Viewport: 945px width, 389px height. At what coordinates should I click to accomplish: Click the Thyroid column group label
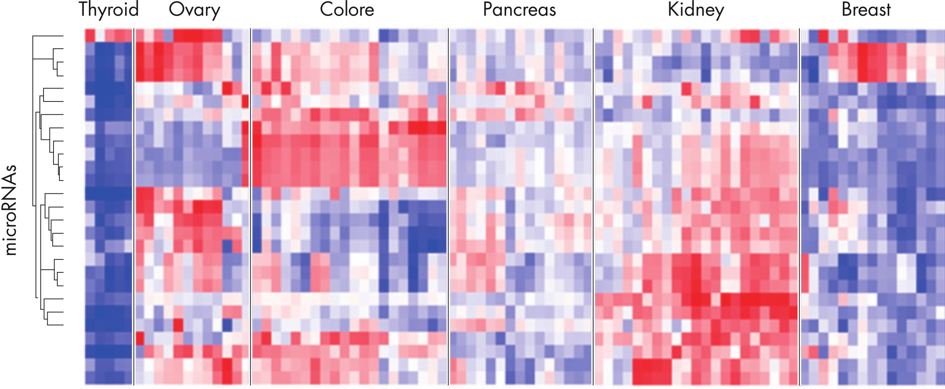109,10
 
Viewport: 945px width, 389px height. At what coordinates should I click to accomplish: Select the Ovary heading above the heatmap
194,10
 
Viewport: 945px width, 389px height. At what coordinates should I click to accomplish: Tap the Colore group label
347,10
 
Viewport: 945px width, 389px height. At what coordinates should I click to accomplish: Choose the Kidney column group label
696,10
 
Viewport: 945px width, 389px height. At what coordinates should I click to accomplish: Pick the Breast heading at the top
866,10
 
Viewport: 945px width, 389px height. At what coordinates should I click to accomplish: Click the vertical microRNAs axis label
11,210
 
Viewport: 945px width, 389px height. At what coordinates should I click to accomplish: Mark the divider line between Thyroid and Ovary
134,207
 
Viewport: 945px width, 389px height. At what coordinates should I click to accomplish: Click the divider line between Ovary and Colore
251,207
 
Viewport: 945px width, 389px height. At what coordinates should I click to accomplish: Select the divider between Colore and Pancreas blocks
448,207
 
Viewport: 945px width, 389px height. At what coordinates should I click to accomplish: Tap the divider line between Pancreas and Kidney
593,207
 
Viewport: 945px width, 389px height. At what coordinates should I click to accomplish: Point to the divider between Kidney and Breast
800,207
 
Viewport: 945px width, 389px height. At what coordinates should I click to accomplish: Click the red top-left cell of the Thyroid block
90,35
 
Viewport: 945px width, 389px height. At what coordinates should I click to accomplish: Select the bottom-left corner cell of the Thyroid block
90,378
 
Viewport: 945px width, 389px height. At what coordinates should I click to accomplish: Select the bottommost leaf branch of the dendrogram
55,325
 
